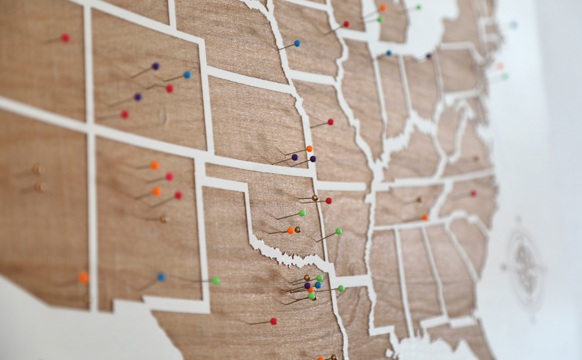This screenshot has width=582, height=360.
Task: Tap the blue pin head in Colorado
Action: point(187,75)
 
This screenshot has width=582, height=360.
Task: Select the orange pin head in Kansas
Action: point(309,149)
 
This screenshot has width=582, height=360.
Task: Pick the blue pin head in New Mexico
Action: point(161,277)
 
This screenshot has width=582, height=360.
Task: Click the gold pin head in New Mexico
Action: point(164,219)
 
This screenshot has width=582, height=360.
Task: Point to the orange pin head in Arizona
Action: point(84,277)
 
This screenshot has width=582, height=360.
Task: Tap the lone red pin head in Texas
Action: point(274,321)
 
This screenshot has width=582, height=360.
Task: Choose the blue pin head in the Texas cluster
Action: point(318,285)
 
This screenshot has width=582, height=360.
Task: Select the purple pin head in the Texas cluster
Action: point(308,285)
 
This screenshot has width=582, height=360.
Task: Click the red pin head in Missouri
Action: point(330,122)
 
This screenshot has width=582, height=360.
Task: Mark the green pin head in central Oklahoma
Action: point(302,213)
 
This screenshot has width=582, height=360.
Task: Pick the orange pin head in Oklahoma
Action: point(290,231)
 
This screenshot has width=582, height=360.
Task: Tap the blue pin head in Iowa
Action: point(297,43)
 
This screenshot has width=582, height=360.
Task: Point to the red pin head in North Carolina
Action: point(473,193)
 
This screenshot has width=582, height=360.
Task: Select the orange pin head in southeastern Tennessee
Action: point(425,217)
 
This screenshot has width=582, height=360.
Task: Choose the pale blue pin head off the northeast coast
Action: point(514,25)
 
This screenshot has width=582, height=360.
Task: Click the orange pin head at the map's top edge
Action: point(383,8)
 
